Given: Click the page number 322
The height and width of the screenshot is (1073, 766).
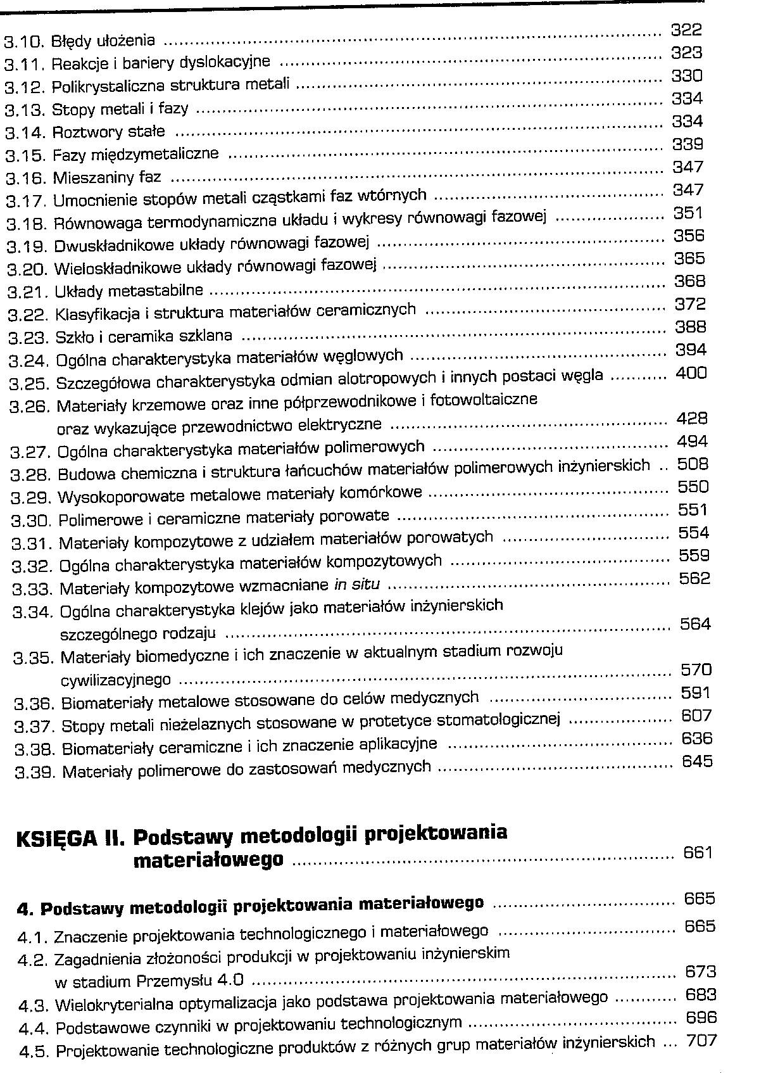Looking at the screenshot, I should coord(686,30).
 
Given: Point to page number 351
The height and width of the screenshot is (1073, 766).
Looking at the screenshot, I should coord(688,213).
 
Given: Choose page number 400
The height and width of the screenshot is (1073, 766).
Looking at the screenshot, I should coord(691,373).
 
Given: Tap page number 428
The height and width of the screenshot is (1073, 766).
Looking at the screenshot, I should coord(692,419).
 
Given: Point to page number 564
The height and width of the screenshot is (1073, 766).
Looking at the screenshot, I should coord(695,624).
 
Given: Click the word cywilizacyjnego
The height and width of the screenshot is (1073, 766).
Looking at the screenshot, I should coord(115,681).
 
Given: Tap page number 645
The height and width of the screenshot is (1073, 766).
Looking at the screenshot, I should coord(697,761).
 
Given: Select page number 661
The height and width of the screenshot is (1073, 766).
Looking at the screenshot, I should coord(698,853).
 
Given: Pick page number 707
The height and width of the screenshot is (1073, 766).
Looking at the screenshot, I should coord(701,1041).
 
